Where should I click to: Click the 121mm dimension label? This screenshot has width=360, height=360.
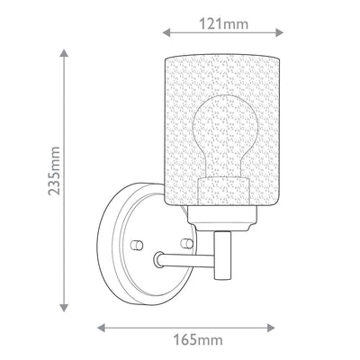[224, 23]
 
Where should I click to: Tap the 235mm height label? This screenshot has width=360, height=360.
[54, 171]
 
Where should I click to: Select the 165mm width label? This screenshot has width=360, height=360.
[198, 340]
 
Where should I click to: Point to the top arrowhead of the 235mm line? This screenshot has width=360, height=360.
[64, 53]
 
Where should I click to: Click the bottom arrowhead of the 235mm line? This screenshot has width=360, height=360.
[64, 308]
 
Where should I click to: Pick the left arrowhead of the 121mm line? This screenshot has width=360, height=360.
[166, 32]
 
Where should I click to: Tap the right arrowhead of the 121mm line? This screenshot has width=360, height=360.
[279, 32]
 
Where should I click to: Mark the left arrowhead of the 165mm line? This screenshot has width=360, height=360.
[102, 328]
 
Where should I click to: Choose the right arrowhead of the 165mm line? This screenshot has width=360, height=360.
[271, 328]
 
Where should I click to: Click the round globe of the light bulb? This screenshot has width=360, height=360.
[225, 122]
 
